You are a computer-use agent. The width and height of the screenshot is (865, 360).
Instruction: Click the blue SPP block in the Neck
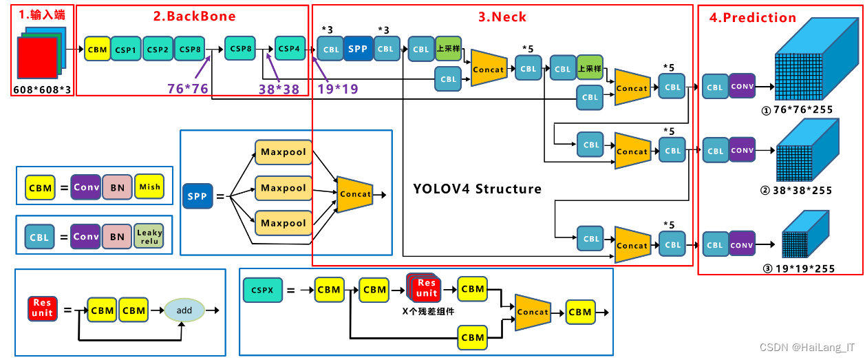point(358,49)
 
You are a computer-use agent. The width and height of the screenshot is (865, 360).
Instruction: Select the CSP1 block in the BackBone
point(125,50)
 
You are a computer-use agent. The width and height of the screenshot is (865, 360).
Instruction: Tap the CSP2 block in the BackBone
point(158,50)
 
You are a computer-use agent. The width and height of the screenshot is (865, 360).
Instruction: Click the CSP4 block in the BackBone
point(289,49)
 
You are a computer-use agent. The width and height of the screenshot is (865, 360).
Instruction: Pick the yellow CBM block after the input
point(97,50)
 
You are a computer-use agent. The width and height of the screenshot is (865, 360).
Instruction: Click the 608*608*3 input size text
point(42,89)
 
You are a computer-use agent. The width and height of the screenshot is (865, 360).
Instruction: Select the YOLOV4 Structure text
point(477,189)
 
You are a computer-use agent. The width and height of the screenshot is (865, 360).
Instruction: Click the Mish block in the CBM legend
point(149,187)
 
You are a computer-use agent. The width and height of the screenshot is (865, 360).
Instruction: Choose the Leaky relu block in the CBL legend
point(149,237)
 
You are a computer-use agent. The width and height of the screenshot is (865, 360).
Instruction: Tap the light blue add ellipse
point(184,310)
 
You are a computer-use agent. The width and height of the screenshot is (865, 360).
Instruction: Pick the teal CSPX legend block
point(262,290)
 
